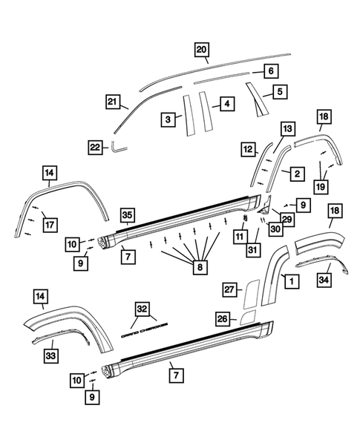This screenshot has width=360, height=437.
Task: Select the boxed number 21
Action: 113,101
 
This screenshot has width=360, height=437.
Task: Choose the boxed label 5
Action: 280,92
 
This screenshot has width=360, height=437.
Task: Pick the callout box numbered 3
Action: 169,119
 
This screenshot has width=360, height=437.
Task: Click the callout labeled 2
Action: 296,174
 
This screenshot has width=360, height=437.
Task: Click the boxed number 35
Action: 127,216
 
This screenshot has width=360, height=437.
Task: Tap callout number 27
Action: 229,289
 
